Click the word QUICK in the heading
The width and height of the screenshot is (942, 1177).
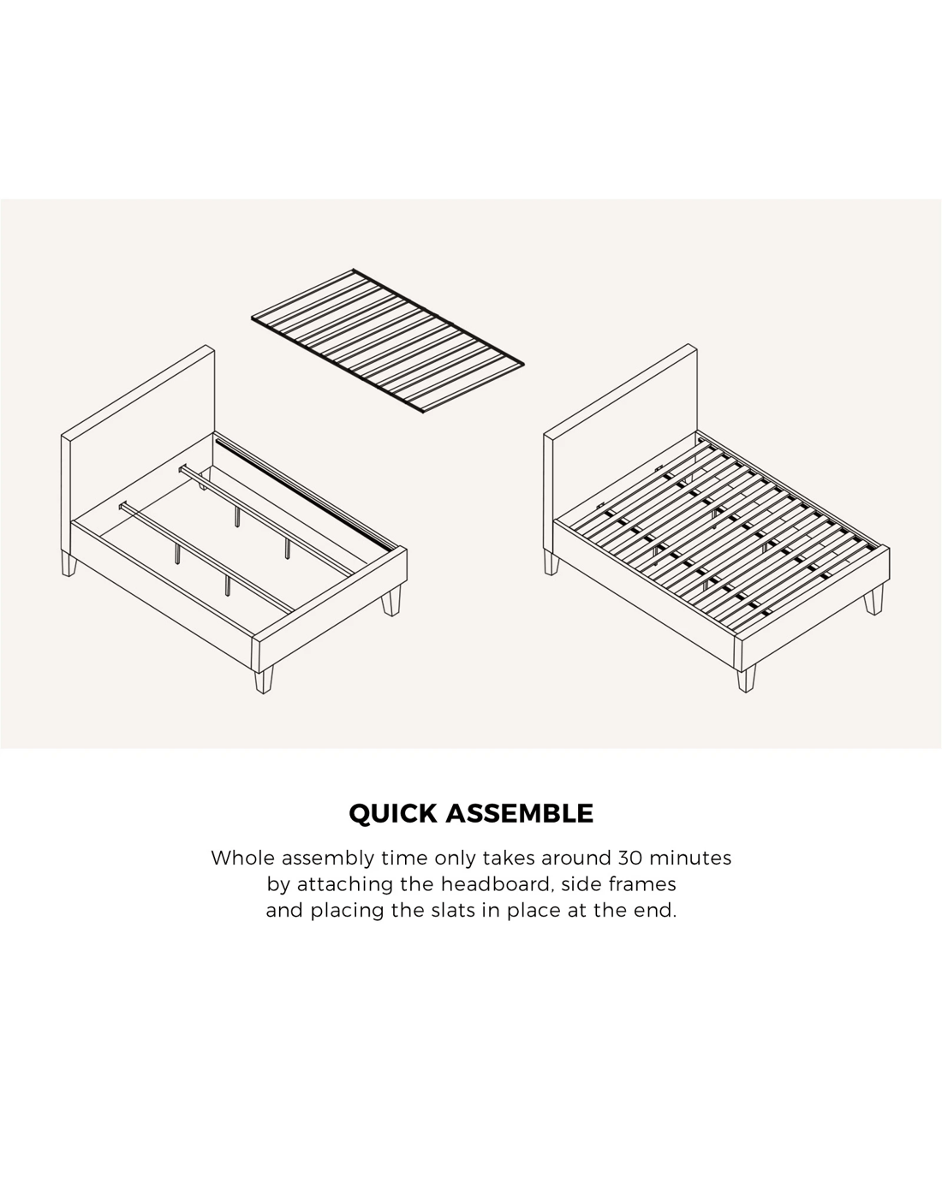pyautogui.click(x=393, y=813)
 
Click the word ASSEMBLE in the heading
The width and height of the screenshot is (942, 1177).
pyautogui.click(x=520, y=813)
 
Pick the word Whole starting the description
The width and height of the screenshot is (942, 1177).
pyautogui.click(x=242, y=858)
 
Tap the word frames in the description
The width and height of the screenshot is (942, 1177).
pyautogui.click(x=641, y=884)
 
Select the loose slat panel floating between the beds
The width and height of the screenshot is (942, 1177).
pyautogui.click(x=388, y=342)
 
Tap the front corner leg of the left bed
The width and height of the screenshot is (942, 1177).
pyautogui.click(x=263, y=680)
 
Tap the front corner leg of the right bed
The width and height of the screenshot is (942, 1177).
pyautogui.click(x=746, y=679)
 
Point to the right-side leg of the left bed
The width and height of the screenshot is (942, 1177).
pyautogui.click(x=391, y=601)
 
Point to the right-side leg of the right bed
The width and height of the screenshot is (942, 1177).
pyautogui.click(x=873, y=600)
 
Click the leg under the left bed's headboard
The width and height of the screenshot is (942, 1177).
pyautogui.click(x=69, y=562)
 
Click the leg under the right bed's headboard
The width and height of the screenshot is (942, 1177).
pyautogui.click(x=551, y=562)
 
